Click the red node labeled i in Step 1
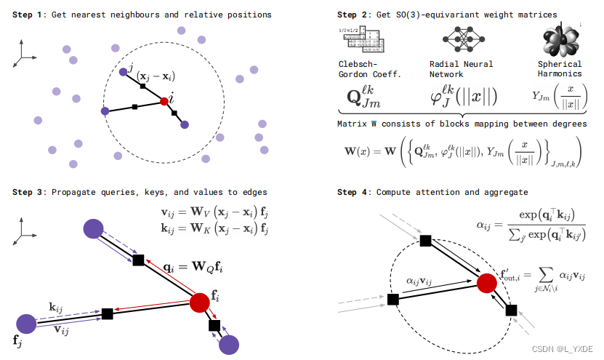[165, 103]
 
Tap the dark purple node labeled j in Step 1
[124, 72]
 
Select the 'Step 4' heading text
[354, 192]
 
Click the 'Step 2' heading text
[354, 15]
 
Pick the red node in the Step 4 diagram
[487, 282]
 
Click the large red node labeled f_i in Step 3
[201, 302]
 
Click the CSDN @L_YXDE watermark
[564, 350]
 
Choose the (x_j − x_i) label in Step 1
[155, 76]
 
